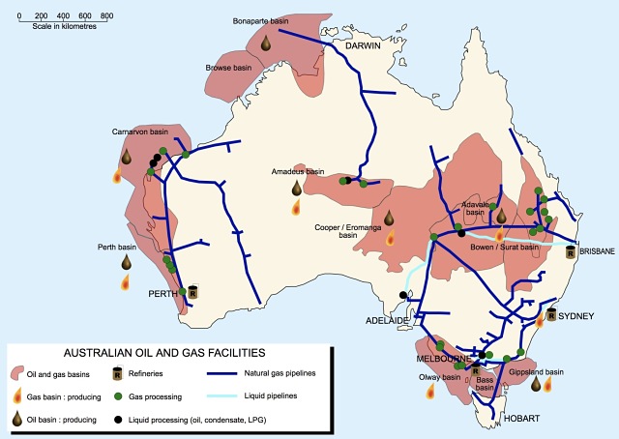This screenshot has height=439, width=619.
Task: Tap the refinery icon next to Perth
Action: coord(192,290)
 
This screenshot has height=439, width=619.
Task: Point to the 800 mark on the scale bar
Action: coord(106,17)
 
